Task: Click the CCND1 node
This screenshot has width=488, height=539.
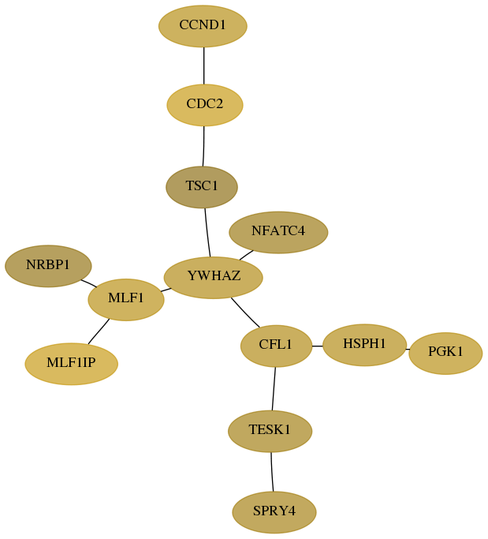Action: point(203,26)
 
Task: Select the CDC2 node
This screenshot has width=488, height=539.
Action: point(205,105)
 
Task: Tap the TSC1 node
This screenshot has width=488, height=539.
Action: point(202,187)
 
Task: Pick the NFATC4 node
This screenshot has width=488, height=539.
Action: point(278,232)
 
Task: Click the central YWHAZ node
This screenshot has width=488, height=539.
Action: point(214,278)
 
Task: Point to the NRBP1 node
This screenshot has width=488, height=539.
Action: point(48,266)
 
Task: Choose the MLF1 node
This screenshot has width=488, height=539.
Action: point(126,299)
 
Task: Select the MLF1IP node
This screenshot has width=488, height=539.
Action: point(72,364)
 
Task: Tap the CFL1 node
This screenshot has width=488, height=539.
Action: point(276,346)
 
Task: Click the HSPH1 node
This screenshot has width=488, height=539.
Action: point(365,345)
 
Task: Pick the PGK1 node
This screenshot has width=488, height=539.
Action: point(445,353)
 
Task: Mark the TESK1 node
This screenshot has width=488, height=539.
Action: point(270,431)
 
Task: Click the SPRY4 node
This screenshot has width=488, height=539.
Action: point(274,512)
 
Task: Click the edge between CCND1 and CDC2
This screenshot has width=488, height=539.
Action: point(204,66)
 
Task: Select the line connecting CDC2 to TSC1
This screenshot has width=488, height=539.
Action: point(203,146)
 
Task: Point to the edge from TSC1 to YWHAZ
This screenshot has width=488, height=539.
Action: point(207,232)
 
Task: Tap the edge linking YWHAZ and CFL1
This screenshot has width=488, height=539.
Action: point(245,313)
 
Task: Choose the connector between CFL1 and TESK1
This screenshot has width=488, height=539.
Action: point(274,388)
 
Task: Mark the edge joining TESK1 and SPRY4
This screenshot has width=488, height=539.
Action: point(272,472)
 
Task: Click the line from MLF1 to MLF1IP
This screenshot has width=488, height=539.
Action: point(99,331)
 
